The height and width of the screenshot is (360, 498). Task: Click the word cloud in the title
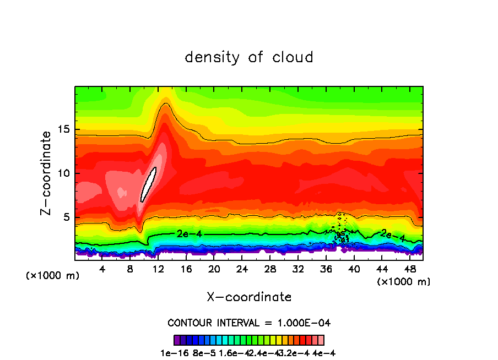[x=293, y=57]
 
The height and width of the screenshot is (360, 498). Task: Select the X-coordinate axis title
[x=249, y=297]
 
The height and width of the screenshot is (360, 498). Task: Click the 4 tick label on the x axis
[x=102, y=269]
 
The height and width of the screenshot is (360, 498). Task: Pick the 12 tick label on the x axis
[x=159, y=269]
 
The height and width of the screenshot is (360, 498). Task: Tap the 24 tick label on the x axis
[x=242, y=269]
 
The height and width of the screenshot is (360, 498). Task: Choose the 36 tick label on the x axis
[x=327, y=269]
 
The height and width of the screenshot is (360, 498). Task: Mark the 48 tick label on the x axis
[x=410, y=269]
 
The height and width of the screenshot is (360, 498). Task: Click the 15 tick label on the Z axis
[x=64, y=129]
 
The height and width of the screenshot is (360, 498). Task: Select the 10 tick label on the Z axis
[x=64, y=173]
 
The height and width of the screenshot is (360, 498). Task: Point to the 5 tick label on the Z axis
[x=67, y=217]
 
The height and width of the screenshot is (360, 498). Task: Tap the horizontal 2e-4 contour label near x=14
[x=190, y=233]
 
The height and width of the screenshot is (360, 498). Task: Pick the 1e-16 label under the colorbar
[x=171, y=353]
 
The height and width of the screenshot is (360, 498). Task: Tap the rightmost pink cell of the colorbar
[x=321, y=340]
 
